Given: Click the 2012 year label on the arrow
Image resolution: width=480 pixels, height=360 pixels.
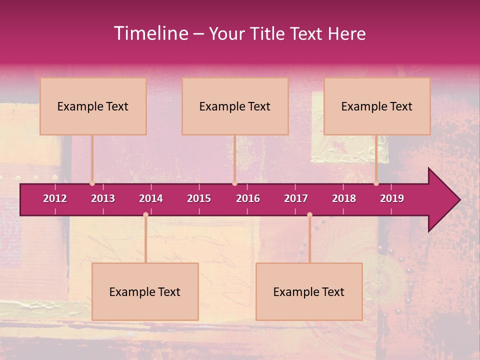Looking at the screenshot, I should pyautogui.click(x=55, y=198).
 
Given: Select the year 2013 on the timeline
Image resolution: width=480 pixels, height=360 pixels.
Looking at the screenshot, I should pyautogui.click(x=103, y=198).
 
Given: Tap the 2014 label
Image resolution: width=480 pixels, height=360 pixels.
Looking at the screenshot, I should pyautogui.click(x=151, y=198).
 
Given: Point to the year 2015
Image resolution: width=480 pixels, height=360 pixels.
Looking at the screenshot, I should pyautogui.click(x=199, y=198).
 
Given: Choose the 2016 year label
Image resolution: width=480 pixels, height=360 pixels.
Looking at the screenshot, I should pyautogui.click(x=248, y=198).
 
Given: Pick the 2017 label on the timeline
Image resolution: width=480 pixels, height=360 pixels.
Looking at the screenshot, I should pyautogui.click(x=296, y=198).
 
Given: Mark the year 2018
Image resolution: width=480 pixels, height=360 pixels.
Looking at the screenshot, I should pyautogui.click(x=344, y=198).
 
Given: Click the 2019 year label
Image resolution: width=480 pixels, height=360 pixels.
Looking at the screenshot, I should pyautogui.click(x=392, y=198).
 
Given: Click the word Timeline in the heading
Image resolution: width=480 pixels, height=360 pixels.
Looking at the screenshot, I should pyautogui.click(x=150, y=33).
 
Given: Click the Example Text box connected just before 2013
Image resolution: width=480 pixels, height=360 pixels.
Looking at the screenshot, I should pyautogui.click(x=93, y=106).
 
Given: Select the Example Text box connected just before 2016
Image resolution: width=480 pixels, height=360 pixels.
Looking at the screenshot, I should pyautogui.click(x=235, y=106).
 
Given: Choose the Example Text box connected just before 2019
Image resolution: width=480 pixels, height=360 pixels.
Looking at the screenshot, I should pyautogui.click(x=377, y=106).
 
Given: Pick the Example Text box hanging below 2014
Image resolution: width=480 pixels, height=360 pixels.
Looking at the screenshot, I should pyautogui.click(x=145, y=291).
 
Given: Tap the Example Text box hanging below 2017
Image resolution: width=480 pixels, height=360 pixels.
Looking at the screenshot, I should pyautogui.click(x=309, y=291).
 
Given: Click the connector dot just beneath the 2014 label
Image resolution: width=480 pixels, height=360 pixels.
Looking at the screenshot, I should pyautogui.click(x=145, y=215).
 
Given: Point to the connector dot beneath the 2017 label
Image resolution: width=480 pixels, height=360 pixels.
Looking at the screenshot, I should pyautogui.click(x=309, y=215).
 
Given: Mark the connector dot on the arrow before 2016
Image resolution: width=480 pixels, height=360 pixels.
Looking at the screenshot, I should pyautogui.click(x=234, y=183).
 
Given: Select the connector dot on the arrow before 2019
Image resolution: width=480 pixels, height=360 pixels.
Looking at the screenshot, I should pyautogui.click(x=376, y=183).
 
